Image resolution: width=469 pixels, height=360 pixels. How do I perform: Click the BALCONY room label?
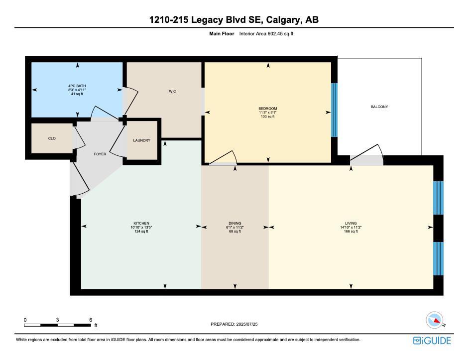[379, 107]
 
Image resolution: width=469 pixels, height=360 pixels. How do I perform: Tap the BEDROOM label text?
[267, 109]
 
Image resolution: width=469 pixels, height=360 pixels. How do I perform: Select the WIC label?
[172, 92]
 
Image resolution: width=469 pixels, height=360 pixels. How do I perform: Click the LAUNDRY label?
[142, 141]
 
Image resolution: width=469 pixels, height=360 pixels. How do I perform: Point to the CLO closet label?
[52, 138]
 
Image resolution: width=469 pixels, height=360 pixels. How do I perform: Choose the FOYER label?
[100, 154]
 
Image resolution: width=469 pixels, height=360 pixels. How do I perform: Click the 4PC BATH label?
[77, 86]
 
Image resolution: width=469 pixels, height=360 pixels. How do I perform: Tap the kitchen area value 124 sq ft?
[141, 232]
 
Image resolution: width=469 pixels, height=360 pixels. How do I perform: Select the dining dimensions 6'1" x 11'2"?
[235, 228]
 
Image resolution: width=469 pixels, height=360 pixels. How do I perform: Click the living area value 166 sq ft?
[351, 232]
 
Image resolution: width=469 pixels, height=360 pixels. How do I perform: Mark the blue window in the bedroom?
[334, 110]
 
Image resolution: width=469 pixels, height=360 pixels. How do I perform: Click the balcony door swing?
[367, 154]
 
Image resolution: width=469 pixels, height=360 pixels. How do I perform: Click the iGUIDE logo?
[432, 341]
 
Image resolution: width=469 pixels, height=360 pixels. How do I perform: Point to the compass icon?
[435, 320]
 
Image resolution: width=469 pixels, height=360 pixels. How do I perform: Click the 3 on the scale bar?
[58, 320]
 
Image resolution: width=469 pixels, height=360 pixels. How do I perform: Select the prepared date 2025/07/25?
[248, 324]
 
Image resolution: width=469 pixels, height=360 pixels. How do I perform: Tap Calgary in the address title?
[283, 20]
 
